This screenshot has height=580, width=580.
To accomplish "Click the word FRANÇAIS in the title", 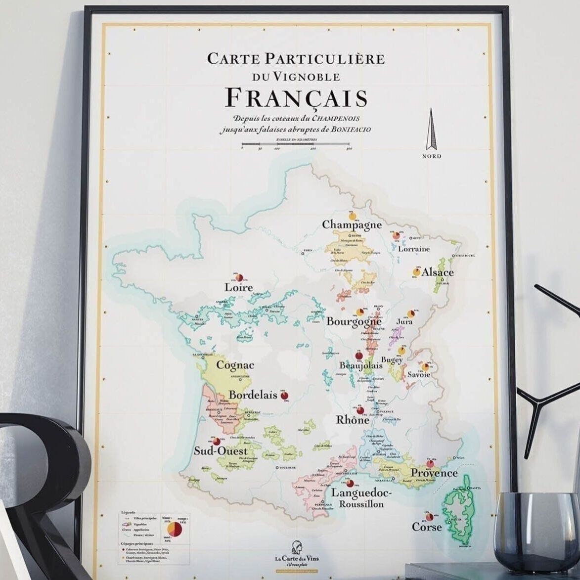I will [296, 98].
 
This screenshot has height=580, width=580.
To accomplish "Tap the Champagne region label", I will [352, 225].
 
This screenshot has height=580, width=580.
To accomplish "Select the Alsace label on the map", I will [438, 272].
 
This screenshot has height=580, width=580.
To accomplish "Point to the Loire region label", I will [238, 287].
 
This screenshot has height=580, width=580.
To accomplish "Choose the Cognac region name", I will [235, 365].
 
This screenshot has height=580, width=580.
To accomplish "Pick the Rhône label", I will [353, 420].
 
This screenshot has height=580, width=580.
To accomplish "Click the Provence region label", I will [434, 473].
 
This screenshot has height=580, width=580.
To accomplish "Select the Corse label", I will [427, 527].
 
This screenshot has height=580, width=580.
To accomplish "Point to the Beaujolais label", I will [361, 366].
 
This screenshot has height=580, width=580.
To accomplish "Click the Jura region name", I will [404, 322].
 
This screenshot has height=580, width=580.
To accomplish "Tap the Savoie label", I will [418, 375].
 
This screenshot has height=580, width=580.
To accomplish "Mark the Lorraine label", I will [414, 249].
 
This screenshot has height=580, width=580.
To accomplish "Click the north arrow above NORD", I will [432, 129].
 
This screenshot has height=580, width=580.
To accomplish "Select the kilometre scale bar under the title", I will [296, 147].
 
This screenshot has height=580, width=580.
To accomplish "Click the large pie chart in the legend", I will [175, 530].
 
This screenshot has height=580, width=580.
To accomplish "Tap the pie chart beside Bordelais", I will [285, 396].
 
